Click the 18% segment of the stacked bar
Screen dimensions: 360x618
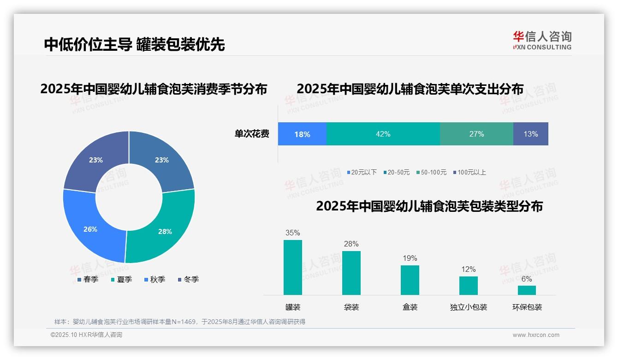302,134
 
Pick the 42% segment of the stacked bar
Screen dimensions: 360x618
383,134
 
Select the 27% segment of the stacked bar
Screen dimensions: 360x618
476,134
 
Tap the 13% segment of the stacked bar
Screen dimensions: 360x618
530,134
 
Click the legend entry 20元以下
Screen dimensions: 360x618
362,172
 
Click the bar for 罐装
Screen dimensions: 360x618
293,267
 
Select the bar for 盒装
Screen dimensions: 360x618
410,280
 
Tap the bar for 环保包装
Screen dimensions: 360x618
527,290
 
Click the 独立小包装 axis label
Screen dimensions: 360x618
469,307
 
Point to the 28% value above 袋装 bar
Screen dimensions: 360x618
351,244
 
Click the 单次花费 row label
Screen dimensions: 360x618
252,134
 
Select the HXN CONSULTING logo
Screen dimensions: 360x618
542,41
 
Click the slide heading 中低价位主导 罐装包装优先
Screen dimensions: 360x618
134,44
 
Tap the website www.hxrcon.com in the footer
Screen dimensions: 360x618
536,335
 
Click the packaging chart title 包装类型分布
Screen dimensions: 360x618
429,206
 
